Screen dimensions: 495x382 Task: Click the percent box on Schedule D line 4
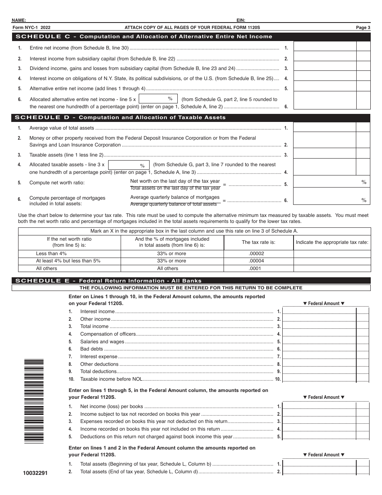129,165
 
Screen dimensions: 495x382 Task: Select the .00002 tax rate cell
257,254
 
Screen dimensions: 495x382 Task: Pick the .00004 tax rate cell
257,261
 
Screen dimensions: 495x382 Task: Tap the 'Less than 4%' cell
51,254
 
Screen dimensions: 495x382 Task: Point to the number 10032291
35,473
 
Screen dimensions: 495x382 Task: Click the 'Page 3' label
363,27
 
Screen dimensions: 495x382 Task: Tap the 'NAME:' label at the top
19,20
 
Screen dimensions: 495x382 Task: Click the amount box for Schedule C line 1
325,46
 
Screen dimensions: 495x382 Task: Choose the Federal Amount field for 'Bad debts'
319,349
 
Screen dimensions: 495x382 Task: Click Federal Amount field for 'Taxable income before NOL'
319,379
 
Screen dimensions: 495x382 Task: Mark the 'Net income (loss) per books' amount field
319,406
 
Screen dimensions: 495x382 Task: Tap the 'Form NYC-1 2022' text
32,27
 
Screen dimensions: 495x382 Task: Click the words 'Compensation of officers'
108,334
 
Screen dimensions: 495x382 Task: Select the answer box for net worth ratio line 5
331,182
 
